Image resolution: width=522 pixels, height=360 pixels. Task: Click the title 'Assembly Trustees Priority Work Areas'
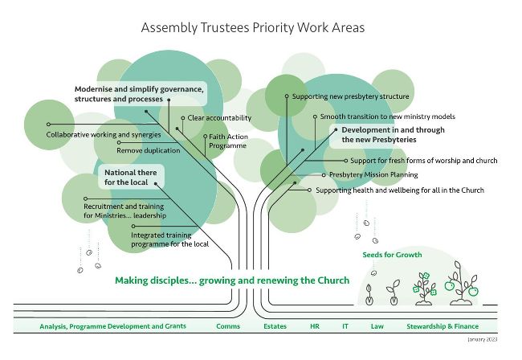(x=253, y=27)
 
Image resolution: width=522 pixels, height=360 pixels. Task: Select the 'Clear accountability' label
(x=219, y=118)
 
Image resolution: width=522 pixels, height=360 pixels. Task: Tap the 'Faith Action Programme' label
(x=228, y=141)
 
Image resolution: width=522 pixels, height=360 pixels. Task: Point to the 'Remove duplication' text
(x=148, y=150)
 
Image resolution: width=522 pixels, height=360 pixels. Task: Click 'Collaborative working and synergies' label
(x=104, y=135)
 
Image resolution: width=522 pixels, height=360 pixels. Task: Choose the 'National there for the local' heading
(x=130, y=178)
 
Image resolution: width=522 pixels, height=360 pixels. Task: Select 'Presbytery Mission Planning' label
(x=373, y=175)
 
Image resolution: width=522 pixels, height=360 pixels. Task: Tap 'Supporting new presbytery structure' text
(x=351, y=96)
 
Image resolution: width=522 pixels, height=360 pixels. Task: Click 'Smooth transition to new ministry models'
(x=388, y=117)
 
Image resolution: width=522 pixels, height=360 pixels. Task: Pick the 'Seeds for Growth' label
(x=392, y=255)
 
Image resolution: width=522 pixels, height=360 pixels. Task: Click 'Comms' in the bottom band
(x=228, y=326)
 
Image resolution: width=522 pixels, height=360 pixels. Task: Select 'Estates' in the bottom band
(x=275, y=326)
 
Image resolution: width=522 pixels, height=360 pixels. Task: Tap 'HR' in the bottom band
(x=315, y=326)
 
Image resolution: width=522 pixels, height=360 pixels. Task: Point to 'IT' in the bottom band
(x=345, y=326)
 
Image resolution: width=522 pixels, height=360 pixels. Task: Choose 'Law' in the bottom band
(x=377, y=326)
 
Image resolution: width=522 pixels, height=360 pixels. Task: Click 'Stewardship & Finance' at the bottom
(x=442, y=326)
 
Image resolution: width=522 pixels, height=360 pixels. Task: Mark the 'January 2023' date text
(x=483, y=339)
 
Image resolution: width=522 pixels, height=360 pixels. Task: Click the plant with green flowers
(x=424, y=288)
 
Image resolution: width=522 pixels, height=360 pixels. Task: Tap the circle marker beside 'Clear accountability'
(x=183, y=118)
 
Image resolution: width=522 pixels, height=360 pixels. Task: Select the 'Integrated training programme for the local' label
(x=169, y=239)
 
